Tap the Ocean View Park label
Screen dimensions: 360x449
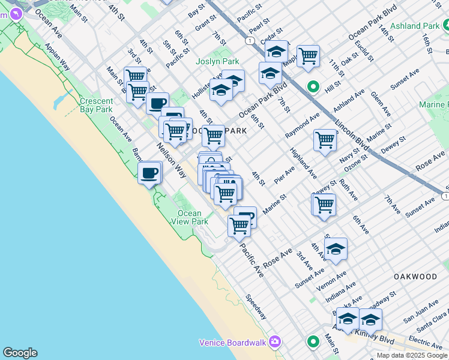(193, 217)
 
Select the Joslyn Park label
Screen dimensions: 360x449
(217, 61)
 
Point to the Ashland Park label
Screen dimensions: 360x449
(415, 26)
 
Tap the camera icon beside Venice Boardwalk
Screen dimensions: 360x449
(275, 342)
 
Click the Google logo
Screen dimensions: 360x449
(20, 353)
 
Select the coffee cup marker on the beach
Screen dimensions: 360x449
(149, 174)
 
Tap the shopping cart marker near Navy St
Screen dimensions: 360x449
(325, 140)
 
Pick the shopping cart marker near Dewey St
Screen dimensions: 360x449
(324, 204)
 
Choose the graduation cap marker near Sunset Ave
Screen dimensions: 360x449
(336, 248)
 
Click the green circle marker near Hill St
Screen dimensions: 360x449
(313, 87)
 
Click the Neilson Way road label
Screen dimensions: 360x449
(172, 161)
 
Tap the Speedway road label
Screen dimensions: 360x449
(256, 307)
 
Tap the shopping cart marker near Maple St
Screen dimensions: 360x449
(308, 56)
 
